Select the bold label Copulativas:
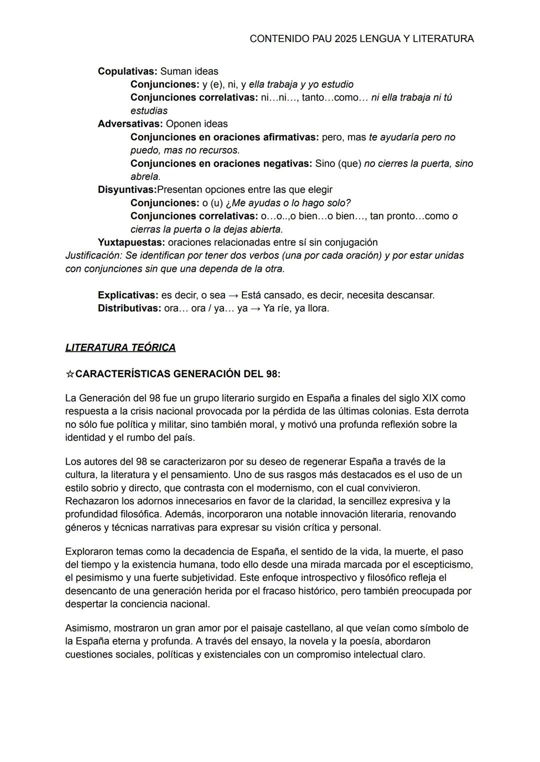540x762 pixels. coord(127,71)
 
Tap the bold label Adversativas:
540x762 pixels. coord(130,124)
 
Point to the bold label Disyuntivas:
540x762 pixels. coord(127,190)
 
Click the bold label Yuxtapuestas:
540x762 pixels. coord(131,242)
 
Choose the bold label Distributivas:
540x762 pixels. coord(129,308)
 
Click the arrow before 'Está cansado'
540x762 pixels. coord(233,295)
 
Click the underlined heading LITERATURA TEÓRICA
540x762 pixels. coord(120,348)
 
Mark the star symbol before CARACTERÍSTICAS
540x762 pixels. coord(70,374)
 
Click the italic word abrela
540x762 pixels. coord(145,177)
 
